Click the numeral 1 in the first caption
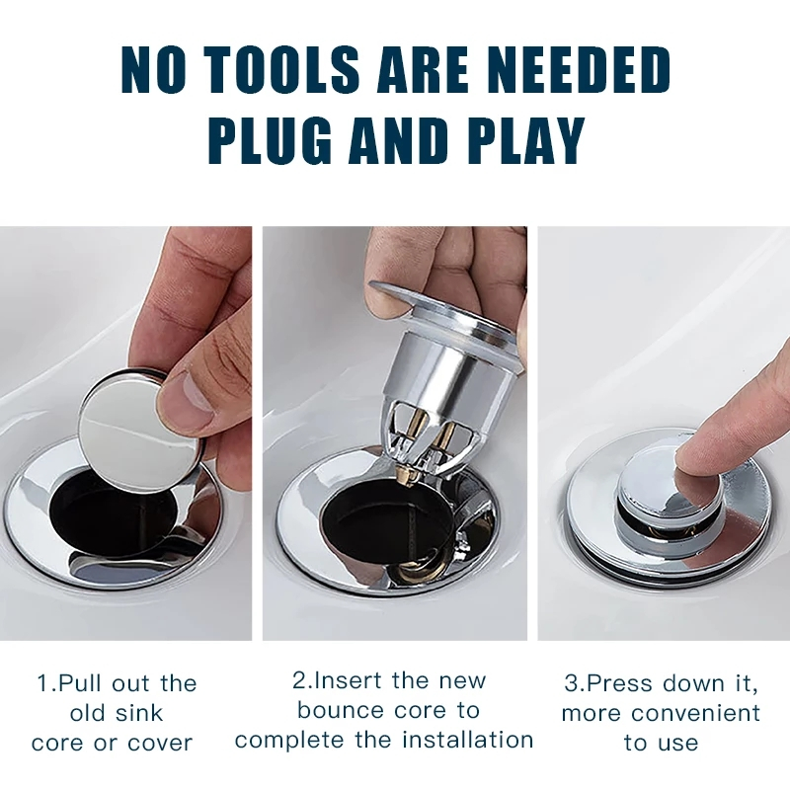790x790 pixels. pos(42,683)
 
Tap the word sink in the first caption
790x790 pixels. pos(138,713)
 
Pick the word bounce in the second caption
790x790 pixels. pos(342,711)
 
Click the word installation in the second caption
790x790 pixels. pos(468,740)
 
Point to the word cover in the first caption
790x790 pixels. pos(160,744)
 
